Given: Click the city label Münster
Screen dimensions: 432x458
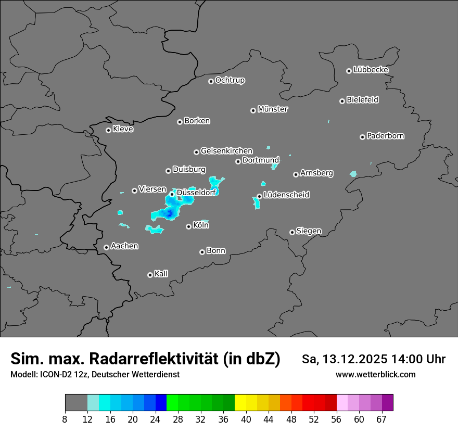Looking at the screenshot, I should (x=273, y=109).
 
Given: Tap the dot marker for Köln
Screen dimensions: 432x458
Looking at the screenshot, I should (x=188, y=226).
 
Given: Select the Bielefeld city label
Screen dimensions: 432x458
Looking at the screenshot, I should (x=362, y=100).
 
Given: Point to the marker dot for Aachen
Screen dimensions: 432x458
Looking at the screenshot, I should (x=106, y=247).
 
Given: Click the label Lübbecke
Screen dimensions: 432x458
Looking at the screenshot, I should (x=371, y=70).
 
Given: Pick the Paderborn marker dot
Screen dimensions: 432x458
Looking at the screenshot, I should (x=362, y=137).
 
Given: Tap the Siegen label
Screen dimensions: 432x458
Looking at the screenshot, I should (x=309, y=231).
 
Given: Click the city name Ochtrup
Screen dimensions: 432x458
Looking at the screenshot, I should (x=230, y=80).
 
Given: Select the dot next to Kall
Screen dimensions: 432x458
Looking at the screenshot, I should (x=150, y=275).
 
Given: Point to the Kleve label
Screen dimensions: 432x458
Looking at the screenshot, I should (x=123, y=129).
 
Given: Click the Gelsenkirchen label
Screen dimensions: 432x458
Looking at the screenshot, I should (x=226, y=151).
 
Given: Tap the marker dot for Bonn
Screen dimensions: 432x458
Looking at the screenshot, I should (x=202, y=252).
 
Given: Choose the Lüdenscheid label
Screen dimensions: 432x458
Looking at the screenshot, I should (x=286, y=195).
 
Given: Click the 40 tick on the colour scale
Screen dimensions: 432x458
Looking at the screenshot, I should (x=246, y=419).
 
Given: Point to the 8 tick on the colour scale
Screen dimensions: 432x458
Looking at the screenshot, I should (x=65, y=419).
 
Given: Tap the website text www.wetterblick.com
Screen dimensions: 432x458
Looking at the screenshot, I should (x=375, y=375).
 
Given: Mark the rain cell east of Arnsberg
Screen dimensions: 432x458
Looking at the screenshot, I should (x=353, y=174).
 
